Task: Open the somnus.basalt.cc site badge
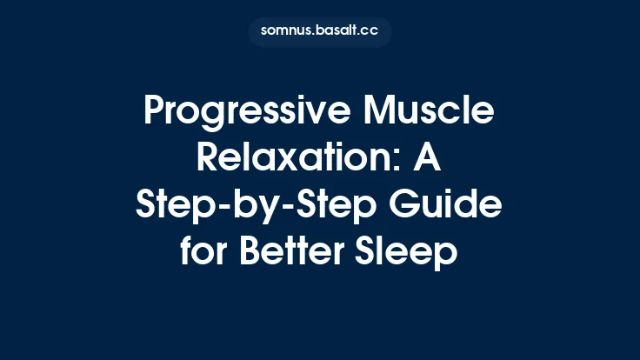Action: [319, 31]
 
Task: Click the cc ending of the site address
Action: [370, 31]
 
